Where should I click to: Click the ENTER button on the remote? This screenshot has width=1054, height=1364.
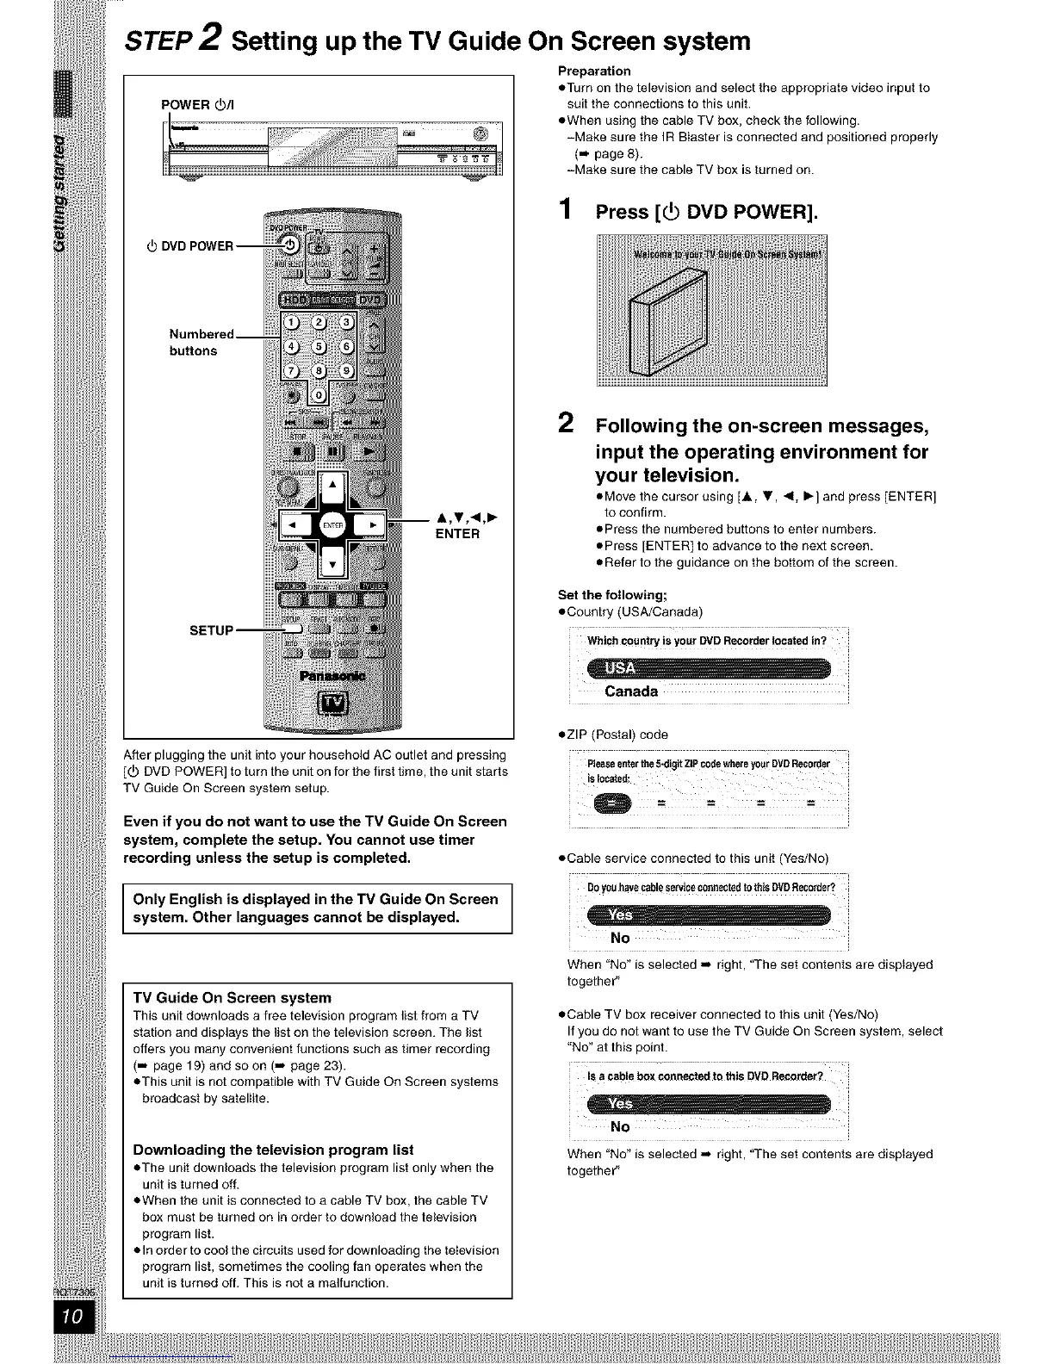[x=332, y=524]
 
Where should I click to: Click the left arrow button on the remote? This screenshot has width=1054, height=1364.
[x=293, y=524]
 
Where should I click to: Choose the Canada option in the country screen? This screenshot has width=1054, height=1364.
[x=631, y=691]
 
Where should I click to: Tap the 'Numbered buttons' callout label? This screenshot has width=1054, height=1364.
[x=201, y=342]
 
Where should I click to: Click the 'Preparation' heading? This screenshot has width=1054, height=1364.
[x=594, y=71]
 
